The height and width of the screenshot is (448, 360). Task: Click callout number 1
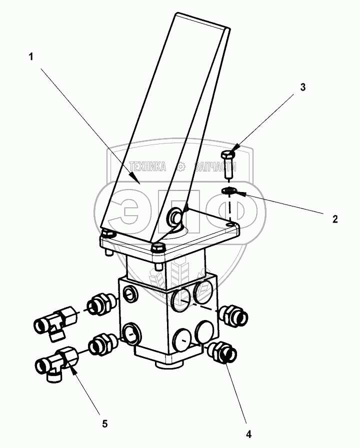(x=31, y=57)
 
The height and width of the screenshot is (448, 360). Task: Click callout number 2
(x=335, y=219)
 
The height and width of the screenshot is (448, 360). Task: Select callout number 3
(x=303, y=87)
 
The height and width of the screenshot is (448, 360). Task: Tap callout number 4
(x=249, y=434)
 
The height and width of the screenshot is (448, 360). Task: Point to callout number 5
(x=105, y=424)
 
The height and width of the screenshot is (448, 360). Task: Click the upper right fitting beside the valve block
(x=233, y=315)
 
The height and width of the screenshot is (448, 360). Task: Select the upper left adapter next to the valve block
(x=101, y=304)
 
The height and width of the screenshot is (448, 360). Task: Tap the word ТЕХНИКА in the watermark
(x=147, y=166)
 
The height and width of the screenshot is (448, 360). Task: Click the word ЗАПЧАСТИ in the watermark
(x=215, y=166)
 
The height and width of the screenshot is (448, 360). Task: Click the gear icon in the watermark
(x=181, y=166)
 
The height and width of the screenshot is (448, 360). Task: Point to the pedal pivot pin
(x=174, y=215)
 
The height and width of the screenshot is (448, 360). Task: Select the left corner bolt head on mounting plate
(x=108, y=233)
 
